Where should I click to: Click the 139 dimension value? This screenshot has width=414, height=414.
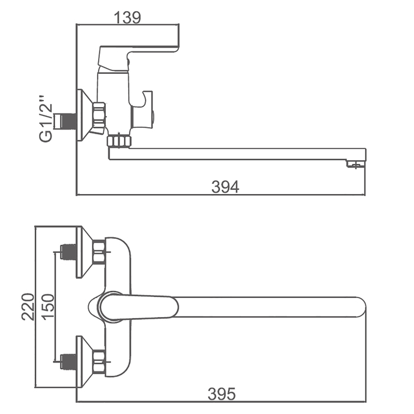pyautogui.click(x=127, y=18)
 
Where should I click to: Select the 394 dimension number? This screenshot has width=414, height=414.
pyautogui.click(x=225, y=187)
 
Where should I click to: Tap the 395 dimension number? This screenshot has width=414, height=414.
pyautogui.click(x=221, y=394)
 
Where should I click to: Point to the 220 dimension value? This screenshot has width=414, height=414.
pyautogui.click(x=28, y=306)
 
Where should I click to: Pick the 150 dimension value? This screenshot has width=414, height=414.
pyautogui.click(x=48, y=307)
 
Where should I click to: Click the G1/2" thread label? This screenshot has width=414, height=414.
pyautogui.click(x=46, y=119)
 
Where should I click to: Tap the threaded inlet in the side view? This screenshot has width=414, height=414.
pyautogui.click(x=65, y=121)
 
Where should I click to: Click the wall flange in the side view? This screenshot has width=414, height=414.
pyautogui.click(x=85, y=115)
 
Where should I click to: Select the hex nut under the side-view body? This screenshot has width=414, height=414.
pyautogui.click(x=119, y=141)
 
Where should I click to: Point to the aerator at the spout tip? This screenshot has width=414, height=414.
pyautogui.click(x=355, y=164)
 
